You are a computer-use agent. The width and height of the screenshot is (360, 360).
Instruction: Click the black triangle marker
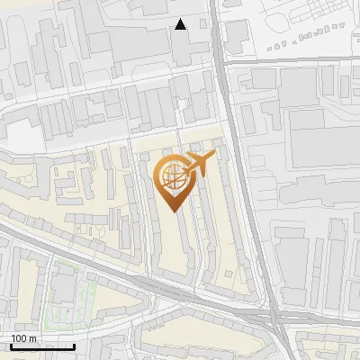[181, 24]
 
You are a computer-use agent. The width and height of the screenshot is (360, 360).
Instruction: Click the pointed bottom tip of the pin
[172, 212]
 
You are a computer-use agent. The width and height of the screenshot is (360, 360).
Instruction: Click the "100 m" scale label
[23, 338]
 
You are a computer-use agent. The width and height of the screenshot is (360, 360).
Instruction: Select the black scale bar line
[42, 346]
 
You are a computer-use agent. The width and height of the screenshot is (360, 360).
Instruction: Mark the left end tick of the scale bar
[11, 345]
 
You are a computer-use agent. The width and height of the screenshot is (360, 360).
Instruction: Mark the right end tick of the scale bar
[75, 345]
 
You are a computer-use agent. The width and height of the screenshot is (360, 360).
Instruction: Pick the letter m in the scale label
[32, 338]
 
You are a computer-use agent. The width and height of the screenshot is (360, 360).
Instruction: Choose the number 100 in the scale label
[19, 338]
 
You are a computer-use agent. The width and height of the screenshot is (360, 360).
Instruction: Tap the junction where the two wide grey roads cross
[272, 319]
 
